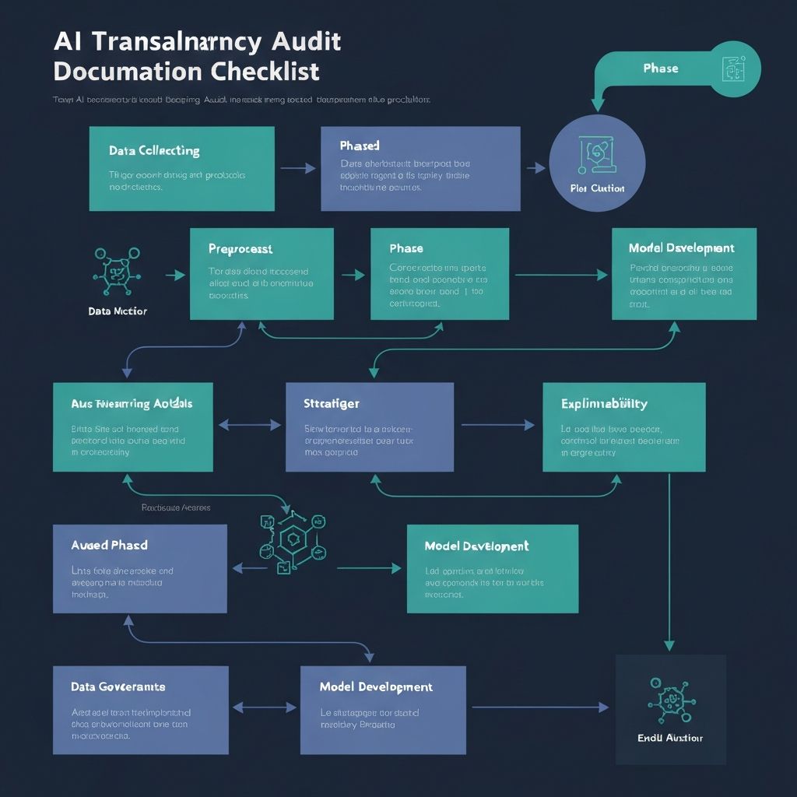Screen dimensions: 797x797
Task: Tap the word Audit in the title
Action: click(301, 40)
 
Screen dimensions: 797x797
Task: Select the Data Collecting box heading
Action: click(154, 151)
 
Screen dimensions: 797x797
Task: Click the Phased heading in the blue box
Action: click(360, 146)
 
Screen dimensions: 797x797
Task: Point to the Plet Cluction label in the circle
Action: click(597, 188)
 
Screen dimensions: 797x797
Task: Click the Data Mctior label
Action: click(118, 311)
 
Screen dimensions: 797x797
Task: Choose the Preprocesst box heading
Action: click(241, 249)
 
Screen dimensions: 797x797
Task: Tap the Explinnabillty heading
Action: click(604, 404)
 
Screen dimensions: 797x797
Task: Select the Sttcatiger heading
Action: click(332, 404)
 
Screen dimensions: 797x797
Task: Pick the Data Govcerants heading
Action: click(118, 687)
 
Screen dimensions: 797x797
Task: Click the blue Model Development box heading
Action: click(376, 687)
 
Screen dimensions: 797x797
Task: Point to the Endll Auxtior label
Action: click(669, 738)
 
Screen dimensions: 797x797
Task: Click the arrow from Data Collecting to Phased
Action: click(297, 168)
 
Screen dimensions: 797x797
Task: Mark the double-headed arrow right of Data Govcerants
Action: click(265, 707)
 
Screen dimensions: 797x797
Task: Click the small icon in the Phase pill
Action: click(732, 68)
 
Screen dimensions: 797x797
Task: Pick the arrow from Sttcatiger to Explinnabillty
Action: click(498, 425)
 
